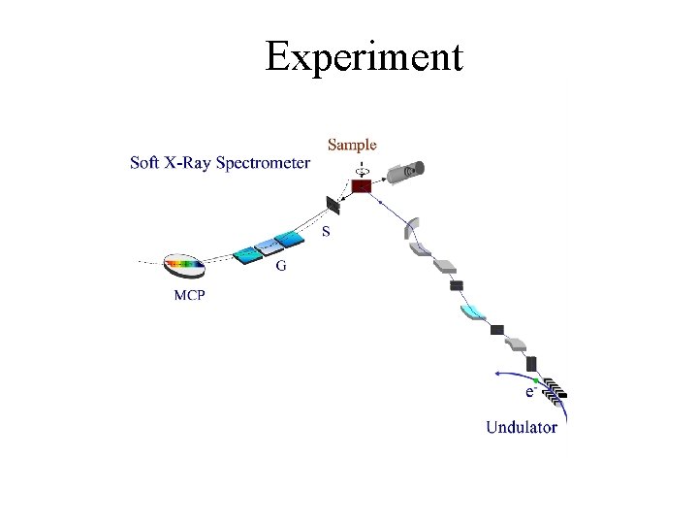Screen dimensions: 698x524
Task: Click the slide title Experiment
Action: point(364,56)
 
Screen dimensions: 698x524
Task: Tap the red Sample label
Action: point(352,145)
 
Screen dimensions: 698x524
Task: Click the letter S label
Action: point(326,232)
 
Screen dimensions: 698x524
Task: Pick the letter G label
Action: point(281,266)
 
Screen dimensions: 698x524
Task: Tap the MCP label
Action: point(189,295)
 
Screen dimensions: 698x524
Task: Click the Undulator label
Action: point(522,427)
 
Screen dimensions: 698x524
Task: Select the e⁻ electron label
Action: point(530,392)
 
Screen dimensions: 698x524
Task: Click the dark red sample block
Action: point(361,185)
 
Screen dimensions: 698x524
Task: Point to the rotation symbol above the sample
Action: point(361,167)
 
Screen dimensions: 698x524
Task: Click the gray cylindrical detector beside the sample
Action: point(405,173)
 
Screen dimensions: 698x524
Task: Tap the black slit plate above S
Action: point(333,206)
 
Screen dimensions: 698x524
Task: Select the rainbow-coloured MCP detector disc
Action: point(184,263)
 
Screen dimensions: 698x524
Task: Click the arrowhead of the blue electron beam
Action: point(496,372)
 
